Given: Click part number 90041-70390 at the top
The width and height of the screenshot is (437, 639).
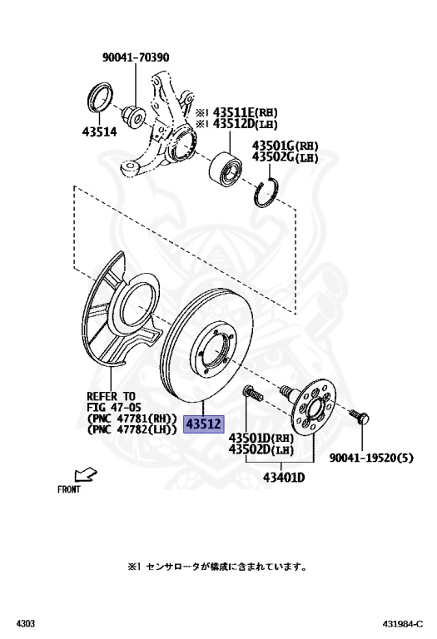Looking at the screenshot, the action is tap(136, 57).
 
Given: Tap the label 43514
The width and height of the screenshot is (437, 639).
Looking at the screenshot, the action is tap(99, 131).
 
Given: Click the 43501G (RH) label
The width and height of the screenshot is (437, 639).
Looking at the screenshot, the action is tap(285, 146).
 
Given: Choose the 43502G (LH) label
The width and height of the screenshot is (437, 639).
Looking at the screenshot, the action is tap(285, 157).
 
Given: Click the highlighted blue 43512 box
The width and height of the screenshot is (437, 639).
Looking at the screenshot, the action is tap(204, 424).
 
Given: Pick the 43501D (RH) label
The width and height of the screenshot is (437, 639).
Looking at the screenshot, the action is tap(261, 438).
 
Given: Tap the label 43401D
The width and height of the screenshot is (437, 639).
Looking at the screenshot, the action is tap(284, 477).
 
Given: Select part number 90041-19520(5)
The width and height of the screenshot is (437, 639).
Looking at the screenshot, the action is tap(371, 458).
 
